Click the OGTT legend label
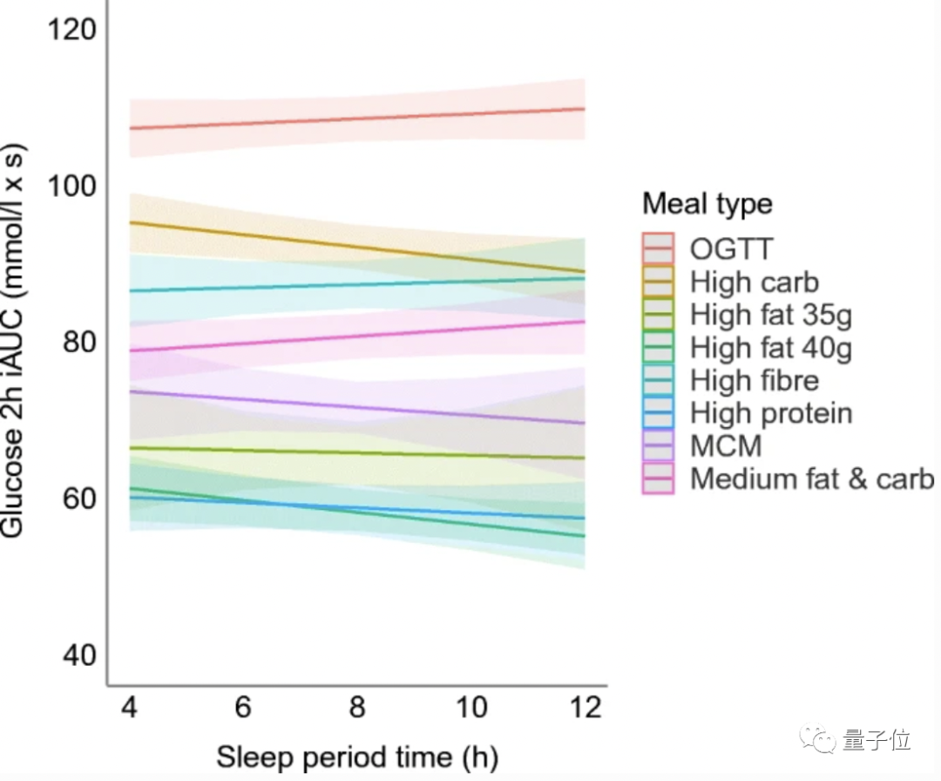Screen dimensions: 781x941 coord(731,248)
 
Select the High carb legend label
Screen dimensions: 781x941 coord(755,282)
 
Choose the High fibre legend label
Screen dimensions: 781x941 coord(755,380)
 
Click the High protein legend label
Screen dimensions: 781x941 coord(771,412)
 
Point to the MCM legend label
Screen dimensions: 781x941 coord(726,445)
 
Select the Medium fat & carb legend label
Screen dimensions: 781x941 coord(812,479)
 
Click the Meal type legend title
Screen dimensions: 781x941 coord(707,204)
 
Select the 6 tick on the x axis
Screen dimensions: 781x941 coord(243,707)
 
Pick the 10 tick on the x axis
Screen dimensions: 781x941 coord(471,707)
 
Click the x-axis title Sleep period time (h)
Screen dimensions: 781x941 coord(357,756)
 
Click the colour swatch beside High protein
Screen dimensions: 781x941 coord(658,413)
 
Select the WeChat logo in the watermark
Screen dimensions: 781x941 coord(821,740)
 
